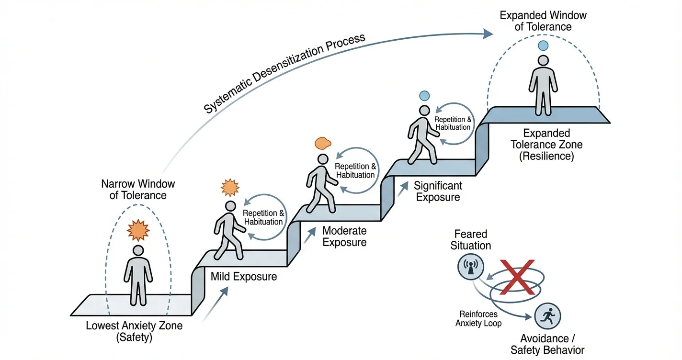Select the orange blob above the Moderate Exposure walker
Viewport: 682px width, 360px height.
coord(322,143)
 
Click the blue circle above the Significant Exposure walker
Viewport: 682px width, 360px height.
coord(424,95)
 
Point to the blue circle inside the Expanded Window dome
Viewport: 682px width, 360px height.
coord(543,46)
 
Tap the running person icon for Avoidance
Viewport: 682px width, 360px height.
coord(547,316)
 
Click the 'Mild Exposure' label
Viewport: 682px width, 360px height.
coord(244,276)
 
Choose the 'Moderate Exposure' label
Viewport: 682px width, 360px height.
coord(344,236)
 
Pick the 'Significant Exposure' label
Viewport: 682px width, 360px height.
coord(438,191)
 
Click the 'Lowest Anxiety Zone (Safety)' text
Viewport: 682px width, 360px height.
coord(134,331)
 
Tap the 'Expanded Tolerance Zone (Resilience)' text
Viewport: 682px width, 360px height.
coord(546,145)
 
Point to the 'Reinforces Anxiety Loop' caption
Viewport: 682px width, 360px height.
coord(478,318)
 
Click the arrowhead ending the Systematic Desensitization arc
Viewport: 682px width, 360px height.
coord(488,33)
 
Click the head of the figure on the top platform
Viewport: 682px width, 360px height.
coord(543,61)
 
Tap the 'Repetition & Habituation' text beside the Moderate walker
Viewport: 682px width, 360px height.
coord(355,171)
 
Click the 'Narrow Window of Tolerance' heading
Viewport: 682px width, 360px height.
coord(138,190)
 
